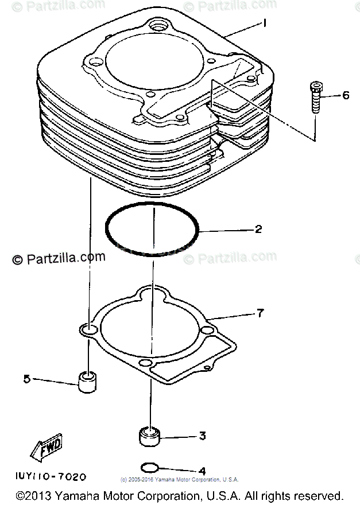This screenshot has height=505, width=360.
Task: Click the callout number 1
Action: [x=265, y=24]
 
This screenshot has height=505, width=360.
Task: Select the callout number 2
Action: [x=259, y=230]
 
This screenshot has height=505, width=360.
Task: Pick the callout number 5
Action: [x=26, y=378]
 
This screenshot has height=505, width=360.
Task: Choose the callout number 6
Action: [x=345, y=95]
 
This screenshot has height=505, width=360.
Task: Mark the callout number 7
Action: [x=260, y=313]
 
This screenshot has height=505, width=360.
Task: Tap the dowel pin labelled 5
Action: [x=87, y=381]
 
